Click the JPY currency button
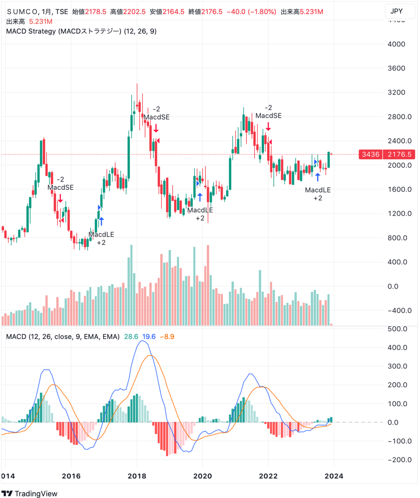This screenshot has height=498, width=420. click(400, 11)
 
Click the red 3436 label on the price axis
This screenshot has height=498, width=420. click(371, 154)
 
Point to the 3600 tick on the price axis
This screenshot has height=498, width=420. click(399, 68)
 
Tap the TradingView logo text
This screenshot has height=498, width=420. click(36, 493)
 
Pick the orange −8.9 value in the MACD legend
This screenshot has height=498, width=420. click(168, 336)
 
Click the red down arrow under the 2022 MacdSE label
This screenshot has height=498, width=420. click(268, 126)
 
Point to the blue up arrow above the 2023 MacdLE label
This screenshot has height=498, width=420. click(318, 177)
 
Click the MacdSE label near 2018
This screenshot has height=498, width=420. click(157, 117)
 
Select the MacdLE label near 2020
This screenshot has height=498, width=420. click(200, 210)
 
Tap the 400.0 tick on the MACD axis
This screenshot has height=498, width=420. click(399, 348)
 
